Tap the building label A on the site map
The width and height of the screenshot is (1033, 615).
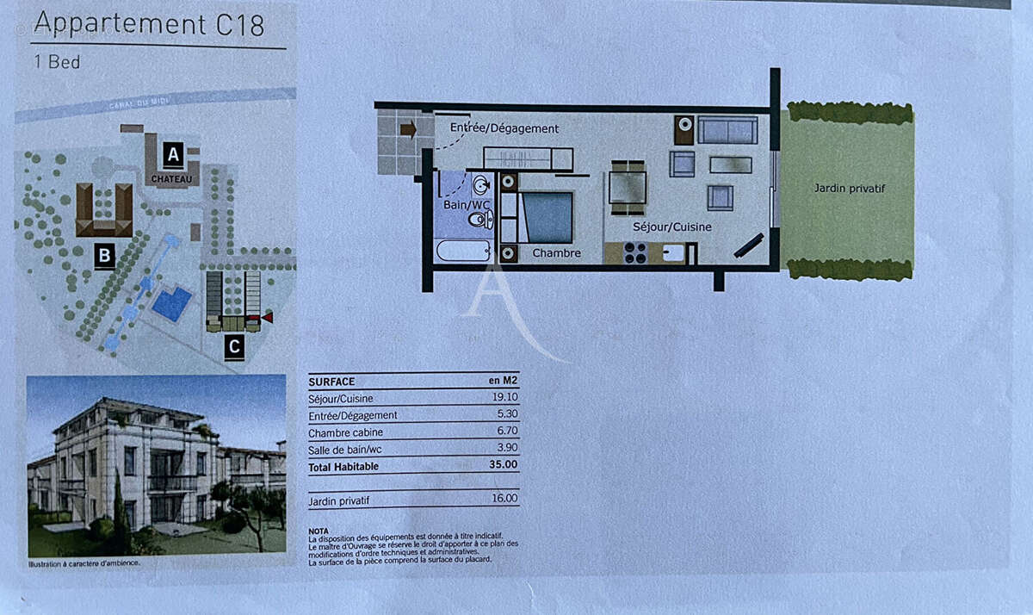pos(173,155)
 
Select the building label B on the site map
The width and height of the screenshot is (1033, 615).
pos(104,256)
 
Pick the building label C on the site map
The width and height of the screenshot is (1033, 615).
pos(233,348)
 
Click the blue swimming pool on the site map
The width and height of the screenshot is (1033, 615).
pos(172,304)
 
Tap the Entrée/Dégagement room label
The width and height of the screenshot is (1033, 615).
pos(504,128)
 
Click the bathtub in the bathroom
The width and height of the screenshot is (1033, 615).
pos(463,251)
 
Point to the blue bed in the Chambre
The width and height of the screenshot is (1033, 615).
pos(547,217)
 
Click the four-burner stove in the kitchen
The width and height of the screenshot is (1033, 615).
pos(635,253)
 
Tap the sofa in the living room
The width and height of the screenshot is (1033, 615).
pos(727,131)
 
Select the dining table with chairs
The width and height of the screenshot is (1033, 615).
pos(628,187)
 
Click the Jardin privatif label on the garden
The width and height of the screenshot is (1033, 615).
pos(849,188)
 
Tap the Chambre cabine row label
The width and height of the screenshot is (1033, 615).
pos(346,432)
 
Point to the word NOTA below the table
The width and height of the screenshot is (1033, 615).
pos(318,531)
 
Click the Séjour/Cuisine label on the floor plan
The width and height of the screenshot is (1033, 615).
pos(672,227)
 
